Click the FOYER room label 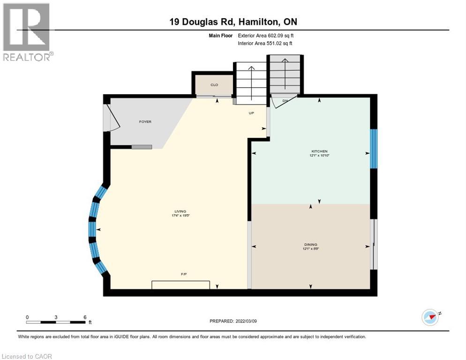[x=145, y=122]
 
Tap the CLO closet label [x=214, y=85]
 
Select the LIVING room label [x=180, y=211]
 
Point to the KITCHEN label [x=316, y=151]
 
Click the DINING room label [x=310, y=244]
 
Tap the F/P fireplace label [x=184, y=274]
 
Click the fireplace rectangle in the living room [x=180, y=285]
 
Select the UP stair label [x=251, y=113]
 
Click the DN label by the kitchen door [x=285, y=101]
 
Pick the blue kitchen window [x=374, y=149]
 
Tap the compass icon [x=430, y=317]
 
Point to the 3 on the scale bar [x=56, y=317]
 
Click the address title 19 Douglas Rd [x=233, y=22]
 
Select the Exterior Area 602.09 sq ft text [x=265, y=35]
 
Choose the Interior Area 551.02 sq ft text [x=265, y=44]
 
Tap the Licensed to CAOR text [x=27, y=356]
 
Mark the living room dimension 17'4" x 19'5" [x=180, y=216]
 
